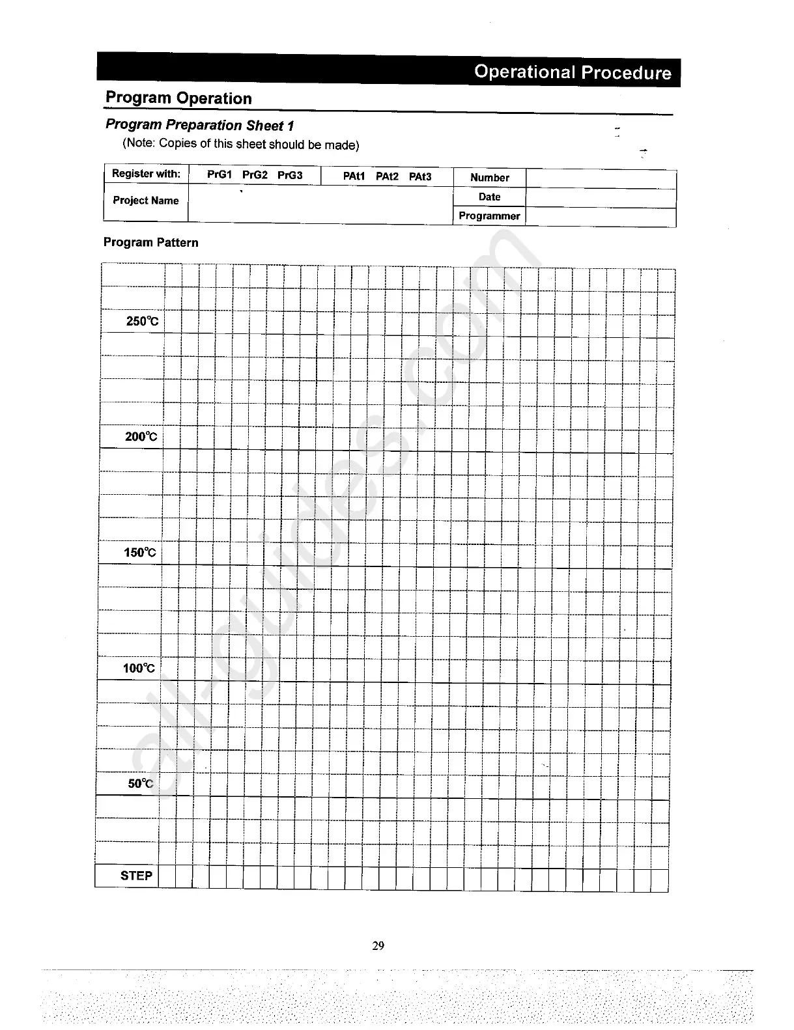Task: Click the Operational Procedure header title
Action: [x=572, y=72]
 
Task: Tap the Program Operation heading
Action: [x=178, y=98]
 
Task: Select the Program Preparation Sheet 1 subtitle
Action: [x=199, y=125]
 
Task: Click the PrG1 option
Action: [x=220, y=175]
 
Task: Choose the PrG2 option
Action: [x=255, y=175]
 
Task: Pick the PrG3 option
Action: [x=290, y=175]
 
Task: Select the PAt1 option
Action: [x=354, y=176]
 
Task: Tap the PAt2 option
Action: [x=387, y=176]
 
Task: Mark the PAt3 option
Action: [x=420, y=176]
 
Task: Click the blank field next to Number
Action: [x=601, y=179]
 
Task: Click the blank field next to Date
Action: [x=601, y=198]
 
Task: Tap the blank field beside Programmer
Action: [x=601, y=217]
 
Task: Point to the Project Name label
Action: [x=146, y=201]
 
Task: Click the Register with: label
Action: [x=146, y=173]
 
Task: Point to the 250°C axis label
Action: [x=142, y=321]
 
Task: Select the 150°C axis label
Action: [x=140, y=553]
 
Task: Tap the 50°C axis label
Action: [x=141, y=783]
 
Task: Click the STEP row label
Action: [x=136, y=876]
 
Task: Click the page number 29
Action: [x=378, y=945]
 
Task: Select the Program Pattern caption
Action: [x=150, y=242]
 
